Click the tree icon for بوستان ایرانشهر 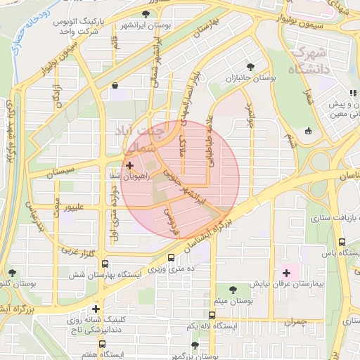click(146, 13)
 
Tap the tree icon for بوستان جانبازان click(250, 67)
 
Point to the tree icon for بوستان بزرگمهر click(195, 345)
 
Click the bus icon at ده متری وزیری click(172, 257)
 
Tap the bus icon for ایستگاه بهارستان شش click(105, 264)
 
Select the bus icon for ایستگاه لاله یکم click(212, 315)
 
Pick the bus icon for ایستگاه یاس click(342, 241)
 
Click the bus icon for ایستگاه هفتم click(103, 345)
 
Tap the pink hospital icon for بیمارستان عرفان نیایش click(286, 272)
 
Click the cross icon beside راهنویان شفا click(129, 165)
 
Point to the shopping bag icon click(115, 85)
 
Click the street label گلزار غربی click(79, 250)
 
